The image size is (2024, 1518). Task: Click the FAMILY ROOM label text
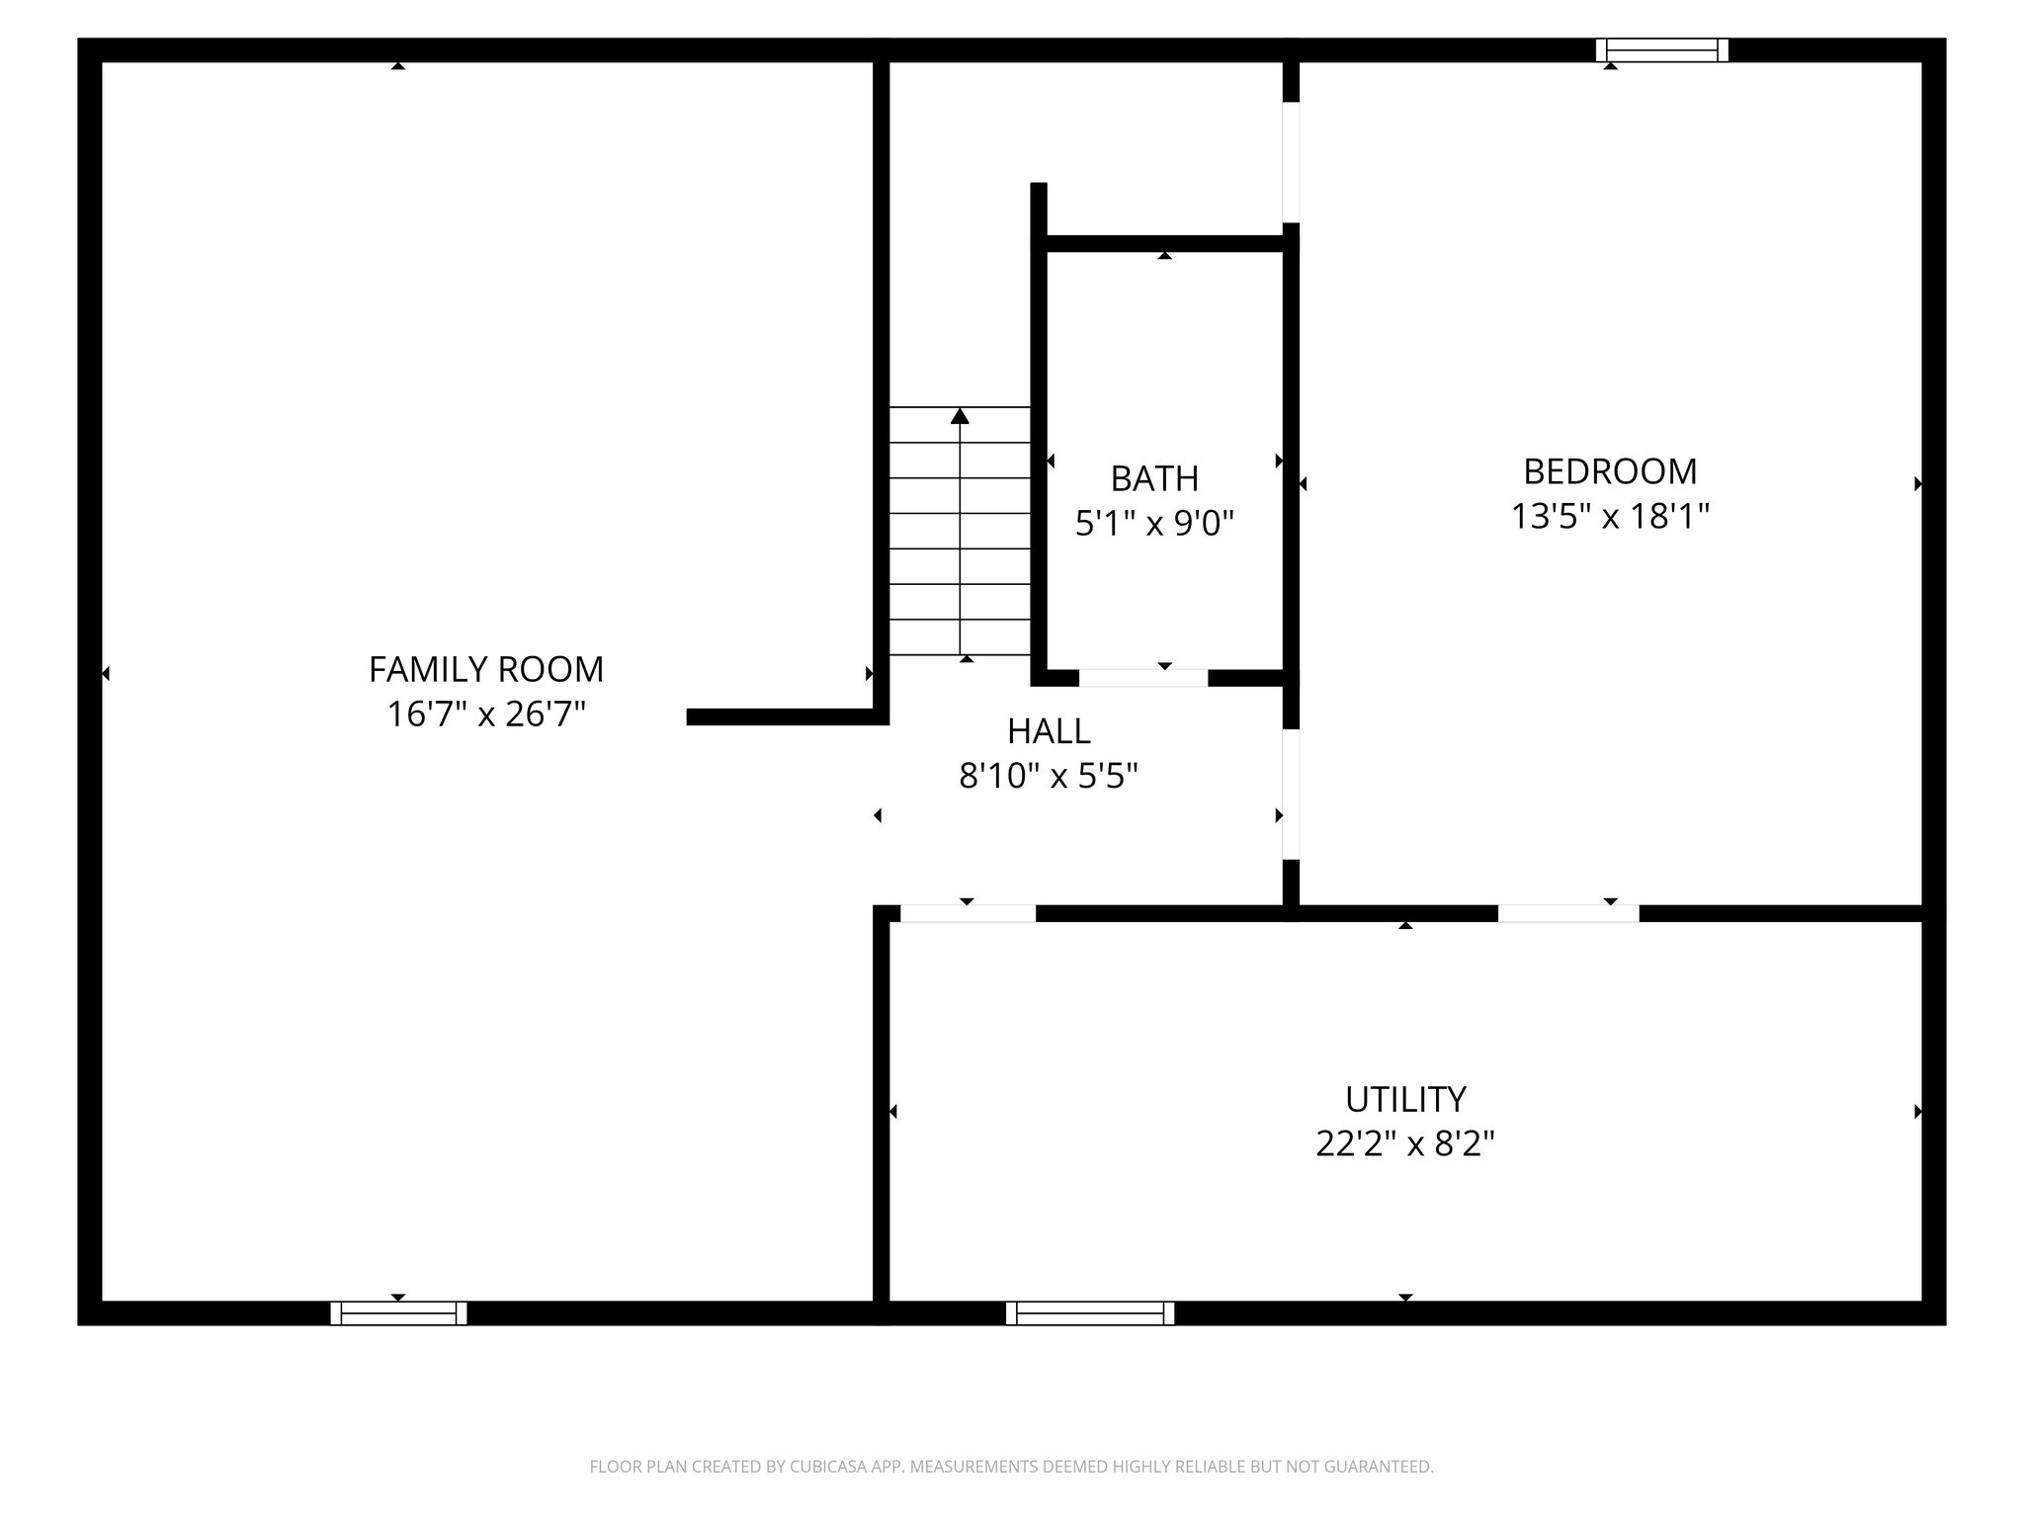pyautogui.click(x=485, y=669)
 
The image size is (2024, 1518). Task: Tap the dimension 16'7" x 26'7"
pyautogui.click(x=485, y=714)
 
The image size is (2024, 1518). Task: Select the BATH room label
pyautogui.click(x=1154, y=478)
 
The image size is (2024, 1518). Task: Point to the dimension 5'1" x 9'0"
pyautogui.click(x=1154, y=523)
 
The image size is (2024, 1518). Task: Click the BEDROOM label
pyautogui.click(x=1610, y=471)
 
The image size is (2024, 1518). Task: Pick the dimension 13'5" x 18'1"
pyautogui.click(x=1610, y=516)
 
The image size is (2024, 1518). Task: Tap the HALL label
pyautogui.click(x=1049, y=731)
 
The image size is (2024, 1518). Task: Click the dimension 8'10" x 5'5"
pyautogui.click(x=1049, y=776)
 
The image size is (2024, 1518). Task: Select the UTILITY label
pyautogui.click(x=1404, y=1099)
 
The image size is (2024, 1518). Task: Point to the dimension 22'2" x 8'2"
pyautogui.click(x=1404, y=1143)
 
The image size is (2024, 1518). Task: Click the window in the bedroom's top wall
pyautogui.click(x=1661, y=50)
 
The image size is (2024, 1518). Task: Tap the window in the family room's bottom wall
pyautogui.click(x=398, y=1312)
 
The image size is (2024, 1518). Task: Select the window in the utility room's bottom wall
pyautogui.click(x=1089, y=1312)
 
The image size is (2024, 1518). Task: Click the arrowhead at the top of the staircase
pyautogui.click(x=960, y=416)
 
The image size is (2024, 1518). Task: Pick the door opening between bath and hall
pyautogui.click(x=1143, y=678)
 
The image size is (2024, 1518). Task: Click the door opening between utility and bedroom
pyautogui.click(x=1568, y=913)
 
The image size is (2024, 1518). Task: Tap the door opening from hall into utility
pyautogui.click(x=968, y=913)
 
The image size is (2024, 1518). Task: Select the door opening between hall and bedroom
pyautogui.click(x=1291, y=795)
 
